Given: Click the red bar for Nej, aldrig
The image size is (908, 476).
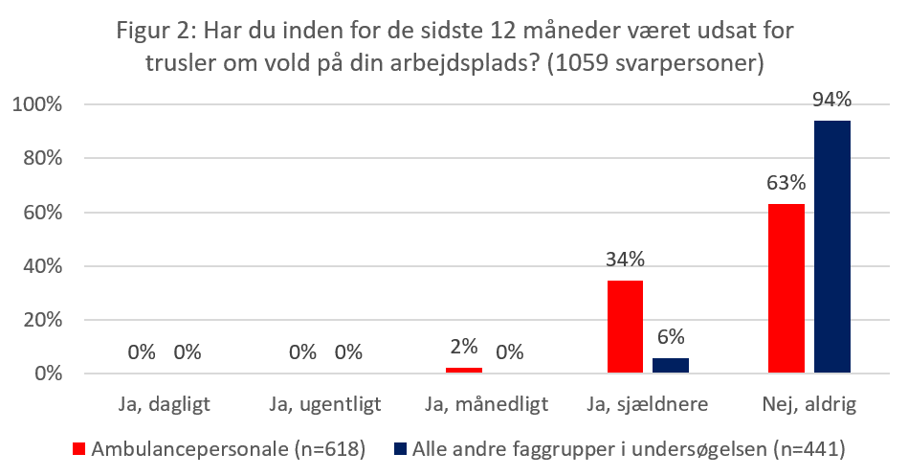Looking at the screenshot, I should [x=786, y=288].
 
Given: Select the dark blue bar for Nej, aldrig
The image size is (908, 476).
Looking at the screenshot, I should [x=831, y=247].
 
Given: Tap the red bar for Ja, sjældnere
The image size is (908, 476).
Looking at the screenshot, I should [x=625, y=327].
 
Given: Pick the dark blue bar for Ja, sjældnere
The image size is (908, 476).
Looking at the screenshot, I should [x=670, y=365].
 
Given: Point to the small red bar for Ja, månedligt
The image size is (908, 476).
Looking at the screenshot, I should [x=463, y=370].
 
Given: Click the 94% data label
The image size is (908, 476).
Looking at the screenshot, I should [x=831, y=100].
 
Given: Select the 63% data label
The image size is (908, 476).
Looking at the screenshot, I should [x=786, y=183].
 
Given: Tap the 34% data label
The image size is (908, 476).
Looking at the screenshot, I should [x=624, y=260].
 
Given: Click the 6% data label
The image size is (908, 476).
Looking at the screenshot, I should [x=670, y=336].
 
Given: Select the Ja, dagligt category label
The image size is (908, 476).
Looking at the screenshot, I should [x=164, y=404].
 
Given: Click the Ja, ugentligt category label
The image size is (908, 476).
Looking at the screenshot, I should [x=324, y=404].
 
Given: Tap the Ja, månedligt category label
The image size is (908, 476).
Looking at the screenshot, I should [x=486, y=404].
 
